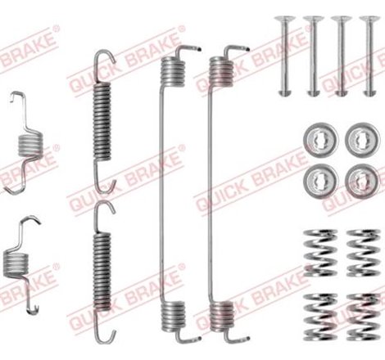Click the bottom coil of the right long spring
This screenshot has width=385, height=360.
[x=222, y=314]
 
